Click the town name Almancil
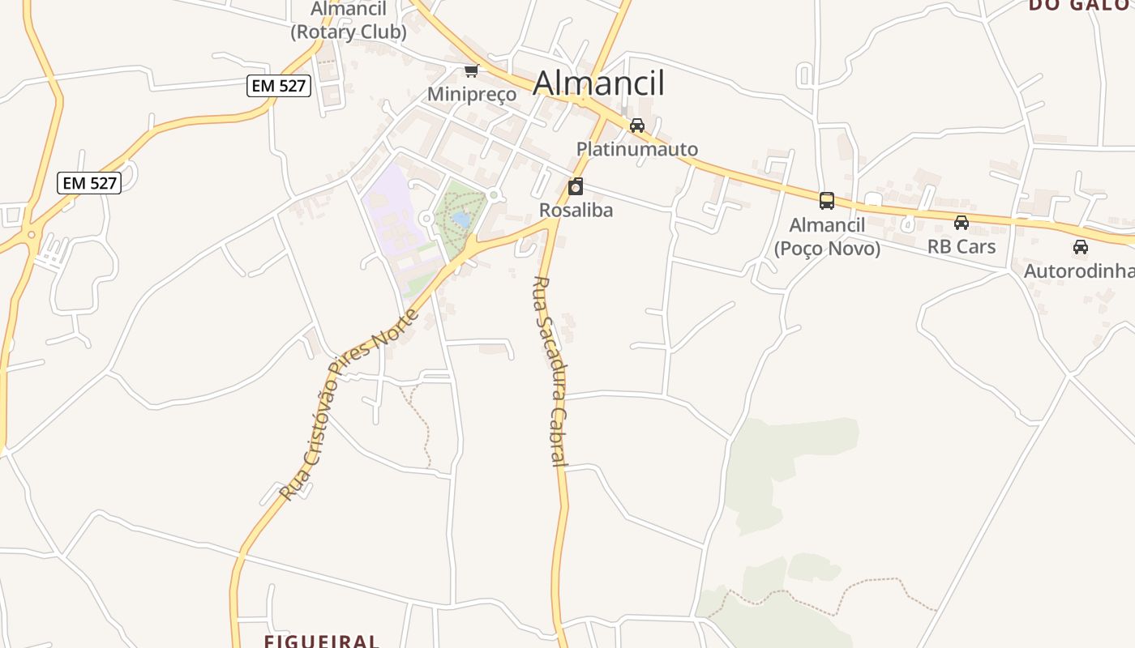point(599,83)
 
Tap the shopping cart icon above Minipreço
point(471,71)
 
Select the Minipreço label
point(471,94)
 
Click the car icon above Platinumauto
point(637,126)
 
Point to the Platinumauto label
point(637,149)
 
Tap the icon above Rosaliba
point(576,187)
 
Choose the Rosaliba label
point(576,211)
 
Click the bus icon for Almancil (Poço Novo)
point(827,201)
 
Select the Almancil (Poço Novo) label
point(827,237)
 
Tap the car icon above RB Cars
point(962,223)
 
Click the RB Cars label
point(962,246)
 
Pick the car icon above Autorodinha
point(1081,247)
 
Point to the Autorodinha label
point(1079,271)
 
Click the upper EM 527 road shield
point(279,85)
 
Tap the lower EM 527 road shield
point(90,183)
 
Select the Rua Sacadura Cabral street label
point(549,372)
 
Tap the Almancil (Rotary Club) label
point(349,21)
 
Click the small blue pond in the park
point(460,219)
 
